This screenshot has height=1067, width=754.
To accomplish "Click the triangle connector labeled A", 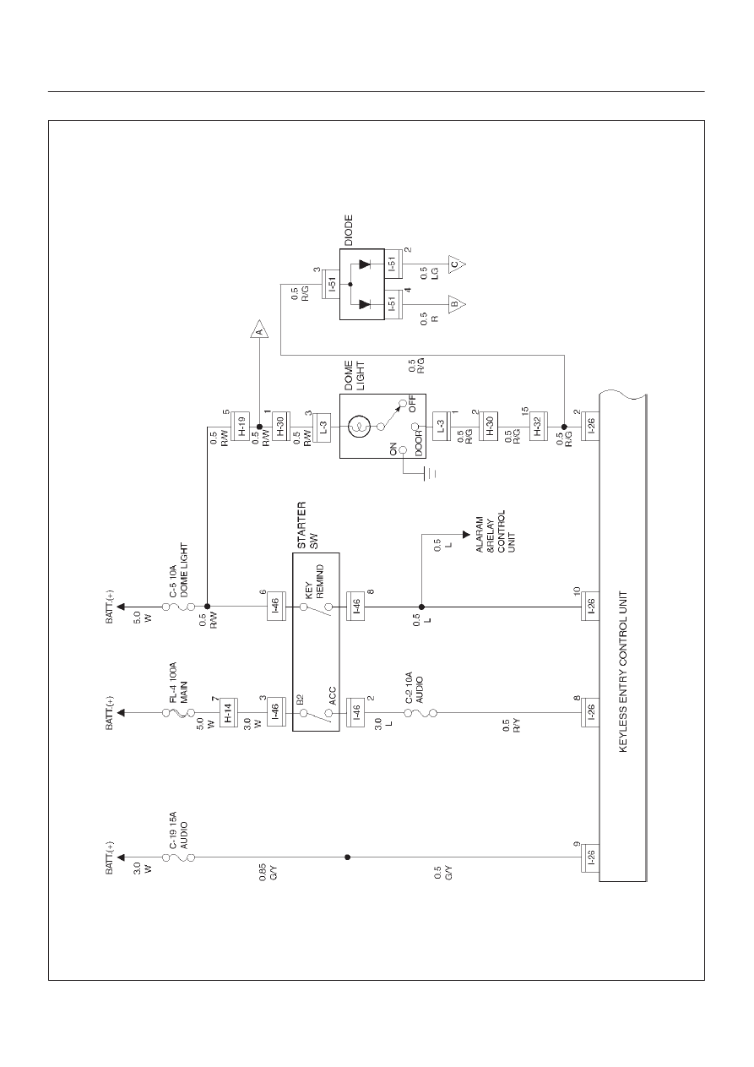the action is point(259,329).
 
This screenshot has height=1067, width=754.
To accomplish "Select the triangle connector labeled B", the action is point(456,304).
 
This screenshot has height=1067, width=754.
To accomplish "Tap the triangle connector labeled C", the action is point(456,264).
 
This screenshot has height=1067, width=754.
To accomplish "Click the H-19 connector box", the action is point(241,427).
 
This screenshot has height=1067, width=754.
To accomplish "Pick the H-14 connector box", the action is point(229,713).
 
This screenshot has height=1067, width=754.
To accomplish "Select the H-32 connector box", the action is point(538,427).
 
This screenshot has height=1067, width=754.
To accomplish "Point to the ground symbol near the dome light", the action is point(430,474).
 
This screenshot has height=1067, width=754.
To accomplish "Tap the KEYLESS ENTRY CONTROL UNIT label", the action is point(623,672).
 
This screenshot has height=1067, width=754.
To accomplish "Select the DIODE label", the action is point(349,230).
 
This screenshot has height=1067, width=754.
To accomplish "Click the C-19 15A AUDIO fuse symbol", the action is point(178,857).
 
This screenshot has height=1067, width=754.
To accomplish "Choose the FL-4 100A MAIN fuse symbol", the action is point(178,713).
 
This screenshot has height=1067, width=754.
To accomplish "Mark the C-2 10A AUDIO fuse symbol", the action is point(420,713).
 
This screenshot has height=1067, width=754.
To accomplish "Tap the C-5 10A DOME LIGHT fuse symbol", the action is point(178,607).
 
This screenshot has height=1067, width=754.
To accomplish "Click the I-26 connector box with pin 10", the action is point(590,607).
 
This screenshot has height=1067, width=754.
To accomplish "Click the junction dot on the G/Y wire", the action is point(348,857).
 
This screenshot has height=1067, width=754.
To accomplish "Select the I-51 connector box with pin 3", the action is point(331,285).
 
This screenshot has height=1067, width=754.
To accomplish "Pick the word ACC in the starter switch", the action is point(333,695).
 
